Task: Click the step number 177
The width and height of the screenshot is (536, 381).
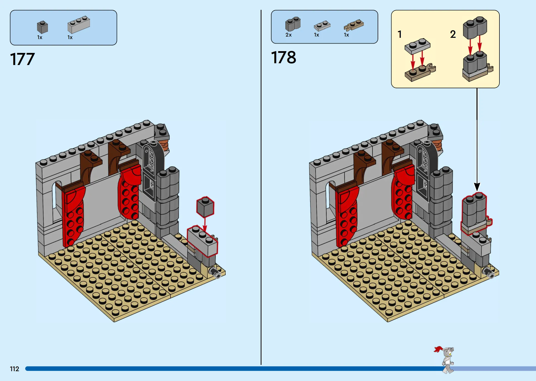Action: click(22, 59)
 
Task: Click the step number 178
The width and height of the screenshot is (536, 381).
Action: click(284, 57)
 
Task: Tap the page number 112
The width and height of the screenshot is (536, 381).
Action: click(14, 369)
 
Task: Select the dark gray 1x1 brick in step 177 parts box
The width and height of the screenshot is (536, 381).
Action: click(42, 27)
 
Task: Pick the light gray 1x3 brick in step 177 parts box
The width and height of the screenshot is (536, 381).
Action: click(79, 25)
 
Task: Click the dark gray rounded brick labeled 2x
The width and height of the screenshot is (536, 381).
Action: click(293, 24)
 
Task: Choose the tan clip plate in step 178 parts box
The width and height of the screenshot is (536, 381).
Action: click(354, 25)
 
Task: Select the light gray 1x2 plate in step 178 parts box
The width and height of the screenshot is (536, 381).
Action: click(322, 26)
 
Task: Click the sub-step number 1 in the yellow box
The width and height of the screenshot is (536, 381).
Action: click(400, 34)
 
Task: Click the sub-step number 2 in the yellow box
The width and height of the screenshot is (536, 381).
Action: click(453, 34)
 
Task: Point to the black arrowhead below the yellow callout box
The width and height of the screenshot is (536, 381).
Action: click(477, 187)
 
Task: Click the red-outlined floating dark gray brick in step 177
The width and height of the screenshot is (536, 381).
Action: click(205, 207)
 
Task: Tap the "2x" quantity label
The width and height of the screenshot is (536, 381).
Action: click(288, 35)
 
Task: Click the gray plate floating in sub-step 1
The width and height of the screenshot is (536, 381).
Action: click(417, 46)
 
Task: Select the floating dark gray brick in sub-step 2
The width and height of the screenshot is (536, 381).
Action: click(475, 28)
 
